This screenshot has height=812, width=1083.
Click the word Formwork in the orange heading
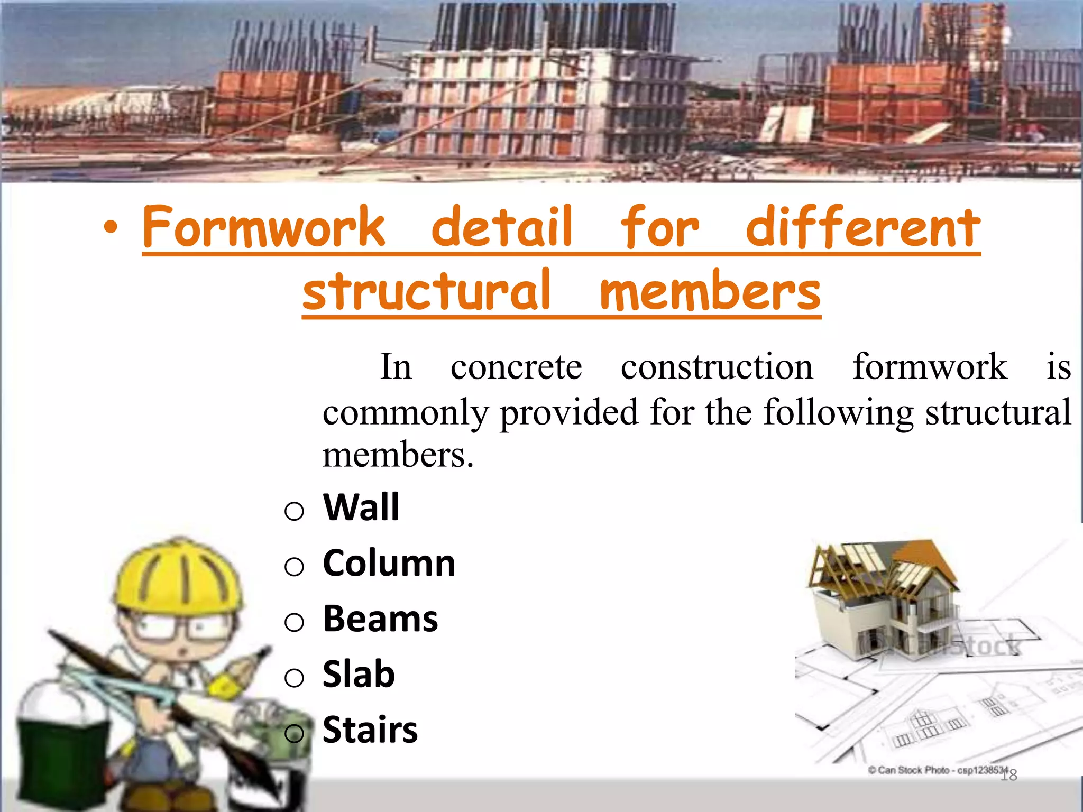(x=263, y=227)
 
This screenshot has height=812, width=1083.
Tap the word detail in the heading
(x=501, y=227)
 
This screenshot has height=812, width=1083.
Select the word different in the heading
(x=863, y=227)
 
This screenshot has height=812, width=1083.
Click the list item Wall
(x=361, y=508)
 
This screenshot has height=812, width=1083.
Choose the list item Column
(x=389, y=564)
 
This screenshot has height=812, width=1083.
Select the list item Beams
(x=380, y=619)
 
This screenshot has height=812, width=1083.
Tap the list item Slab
(x=359, y=675)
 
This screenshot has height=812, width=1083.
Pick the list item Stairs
(x=370, y=730)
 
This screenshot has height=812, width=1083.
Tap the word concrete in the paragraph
(x=516, y=367)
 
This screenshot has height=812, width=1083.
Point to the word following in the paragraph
(x=838, y=413)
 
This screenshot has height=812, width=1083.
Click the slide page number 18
(x=1009, y=776)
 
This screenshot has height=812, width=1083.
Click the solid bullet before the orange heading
(x=111, y=228)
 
